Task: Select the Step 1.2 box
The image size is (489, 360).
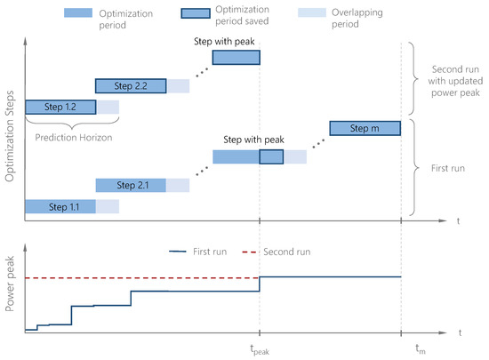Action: click(60, 107)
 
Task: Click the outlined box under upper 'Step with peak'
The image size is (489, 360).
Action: click(236, 57)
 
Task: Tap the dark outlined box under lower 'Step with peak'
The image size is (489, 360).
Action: click(271, 157)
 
